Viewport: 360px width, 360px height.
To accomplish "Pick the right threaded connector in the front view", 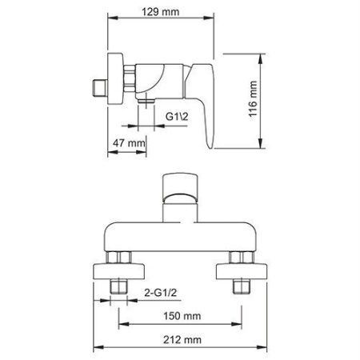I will [238, 268].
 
